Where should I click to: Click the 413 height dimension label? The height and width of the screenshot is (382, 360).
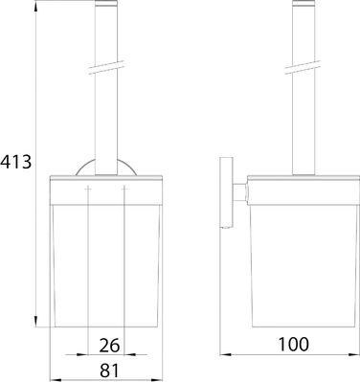[16, 162]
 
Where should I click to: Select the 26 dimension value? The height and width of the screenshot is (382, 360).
[109, 345]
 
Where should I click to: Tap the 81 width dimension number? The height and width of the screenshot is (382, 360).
[109, 371]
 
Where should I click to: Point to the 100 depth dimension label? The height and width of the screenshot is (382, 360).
[294, 344]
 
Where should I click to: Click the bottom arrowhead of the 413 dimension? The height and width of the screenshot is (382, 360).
[36, 322]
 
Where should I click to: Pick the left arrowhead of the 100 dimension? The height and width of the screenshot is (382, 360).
[226, 354]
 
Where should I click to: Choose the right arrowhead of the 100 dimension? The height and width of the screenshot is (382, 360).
[354, 354]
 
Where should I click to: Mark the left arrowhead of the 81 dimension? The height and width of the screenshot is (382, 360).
[56, 380]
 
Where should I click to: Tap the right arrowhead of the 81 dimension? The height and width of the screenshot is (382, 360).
[157, 380]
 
